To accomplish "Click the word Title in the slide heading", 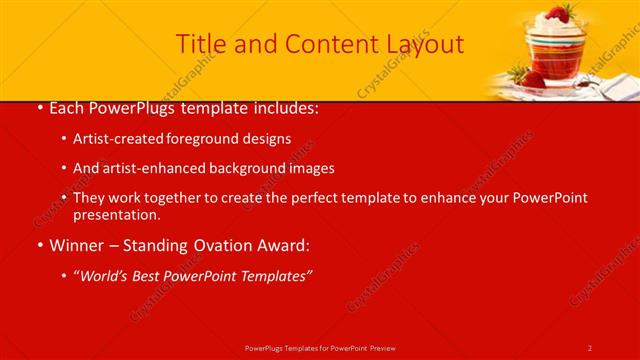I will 200,44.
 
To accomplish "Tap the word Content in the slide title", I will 324,44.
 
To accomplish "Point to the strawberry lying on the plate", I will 531,78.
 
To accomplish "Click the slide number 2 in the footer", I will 590,348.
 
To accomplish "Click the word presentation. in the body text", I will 117,215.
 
